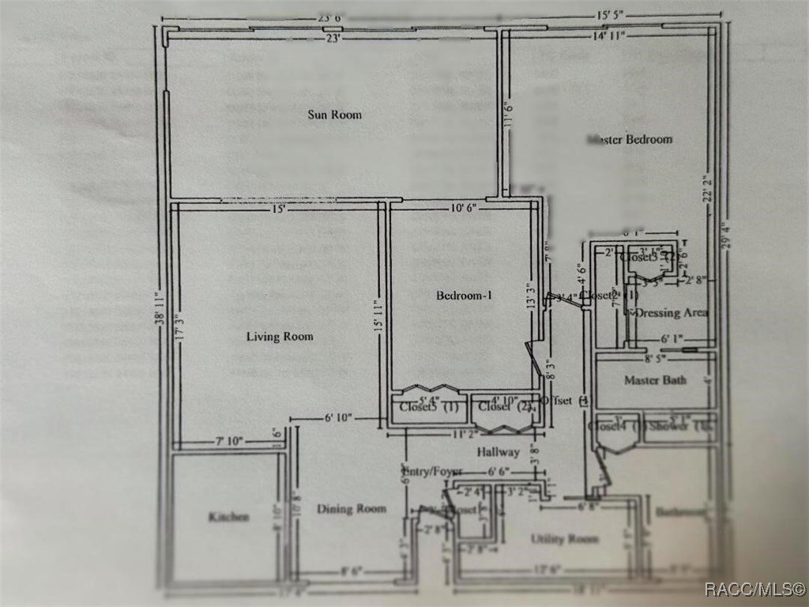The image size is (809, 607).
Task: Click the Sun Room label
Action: pyautogui.click(x=334, y=115)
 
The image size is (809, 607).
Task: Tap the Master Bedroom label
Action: pyautogui.click(x=630, y=139)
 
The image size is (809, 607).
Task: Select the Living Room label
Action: pyautogui.click(x=280, y=337)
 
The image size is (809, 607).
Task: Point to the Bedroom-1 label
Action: pyautogui.click(x=464, y=296)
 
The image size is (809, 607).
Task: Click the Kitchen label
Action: pyautogui.click(x=228, y=517)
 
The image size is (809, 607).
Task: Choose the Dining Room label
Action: pyautogui.click(x=352, y=508)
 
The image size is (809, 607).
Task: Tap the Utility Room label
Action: pyautogui.click(x=564, y=539)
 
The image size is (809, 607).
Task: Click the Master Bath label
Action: pyautogui.click(x=655, y=380)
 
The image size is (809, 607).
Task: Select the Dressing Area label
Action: pyautogui.click(x=671, y=313)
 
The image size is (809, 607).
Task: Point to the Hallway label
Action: pyautogui.click(x=499, y=452)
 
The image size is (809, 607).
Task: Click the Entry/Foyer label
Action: pyautogui.click(x=432, y=472)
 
